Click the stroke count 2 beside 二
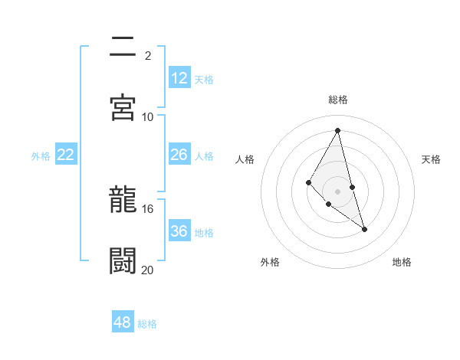(148, 56)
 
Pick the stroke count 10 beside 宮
(148, 117)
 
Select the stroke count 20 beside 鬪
(148, 270)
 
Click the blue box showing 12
(179, 78)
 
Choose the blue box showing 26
(179, 155)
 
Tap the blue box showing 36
(179, 231)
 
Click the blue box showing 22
(66, 155)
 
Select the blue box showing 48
(123, 322)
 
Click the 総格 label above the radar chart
(338, 100)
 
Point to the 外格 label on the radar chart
(270, 262)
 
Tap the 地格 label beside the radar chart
(402, 262)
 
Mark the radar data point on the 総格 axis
(338, 129)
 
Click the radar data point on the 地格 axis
(365, 229)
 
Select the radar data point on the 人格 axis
(308, 182)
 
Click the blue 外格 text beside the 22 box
(41, 156)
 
